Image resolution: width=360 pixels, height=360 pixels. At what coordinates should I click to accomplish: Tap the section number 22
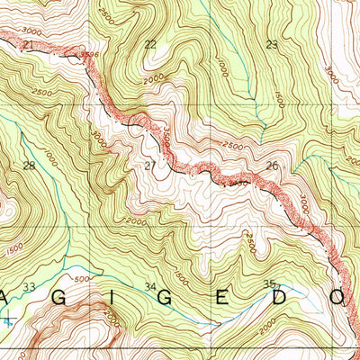(x=149, y=44)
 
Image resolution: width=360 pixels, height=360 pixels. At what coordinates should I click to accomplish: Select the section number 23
(x=272, y=44)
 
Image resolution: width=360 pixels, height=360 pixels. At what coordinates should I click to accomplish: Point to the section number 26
(x=271, y=166)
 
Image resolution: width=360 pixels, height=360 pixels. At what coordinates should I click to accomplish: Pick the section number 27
(x=149, y=166)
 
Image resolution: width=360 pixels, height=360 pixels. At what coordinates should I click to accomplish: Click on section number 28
(x=29, y=166)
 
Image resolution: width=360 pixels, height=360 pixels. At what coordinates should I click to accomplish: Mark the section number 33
(x=29, y=287)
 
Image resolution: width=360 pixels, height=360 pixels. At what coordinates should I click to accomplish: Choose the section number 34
(x=150, y=288)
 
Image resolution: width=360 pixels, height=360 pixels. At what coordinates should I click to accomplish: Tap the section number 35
(x=267, y=284)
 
